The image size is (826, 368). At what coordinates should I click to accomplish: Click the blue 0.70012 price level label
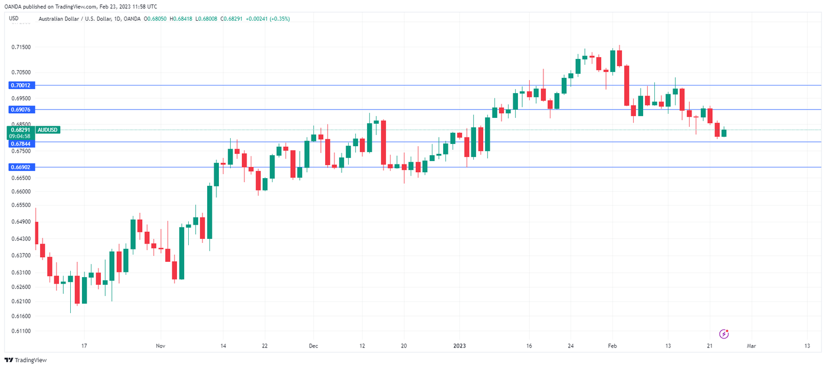tap(20, 86)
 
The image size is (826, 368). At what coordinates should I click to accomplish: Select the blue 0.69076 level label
tap(20, 110)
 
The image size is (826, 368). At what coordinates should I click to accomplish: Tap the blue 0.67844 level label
tap(20, 143)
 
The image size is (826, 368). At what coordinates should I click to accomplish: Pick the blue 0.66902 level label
tap(20, 167)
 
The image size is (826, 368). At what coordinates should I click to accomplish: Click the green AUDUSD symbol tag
tap(47, 130)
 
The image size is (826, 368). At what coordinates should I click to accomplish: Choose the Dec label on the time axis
tap(313, 346)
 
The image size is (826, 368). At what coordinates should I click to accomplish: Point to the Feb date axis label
tap(612, 346)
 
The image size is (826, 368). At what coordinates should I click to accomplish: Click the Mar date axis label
tap(752, 346)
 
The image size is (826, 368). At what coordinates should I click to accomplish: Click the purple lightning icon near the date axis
tap(724, 334)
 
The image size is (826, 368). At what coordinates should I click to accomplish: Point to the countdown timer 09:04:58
tap(21, 136)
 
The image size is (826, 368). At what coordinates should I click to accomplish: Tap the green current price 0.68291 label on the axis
tap(21, 130)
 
